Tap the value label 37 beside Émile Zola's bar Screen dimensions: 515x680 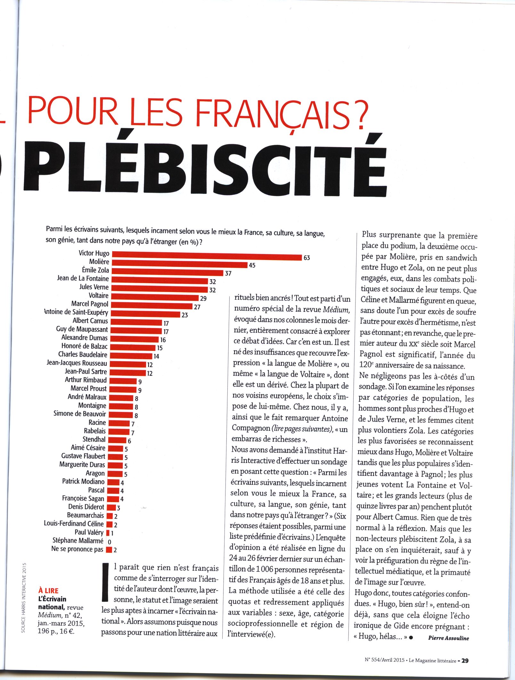point(228,274)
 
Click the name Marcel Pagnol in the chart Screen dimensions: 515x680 point(90,304)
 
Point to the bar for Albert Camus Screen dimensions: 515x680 point(136,322)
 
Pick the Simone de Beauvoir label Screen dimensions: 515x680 point(80,414)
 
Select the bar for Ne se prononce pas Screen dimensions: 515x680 point(109,550)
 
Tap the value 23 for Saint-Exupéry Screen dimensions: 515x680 point(184,315)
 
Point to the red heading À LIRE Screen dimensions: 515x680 point(48,591)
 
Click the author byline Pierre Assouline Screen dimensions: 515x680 point(448,638)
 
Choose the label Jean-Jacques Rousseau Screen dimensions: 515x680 point(77,363)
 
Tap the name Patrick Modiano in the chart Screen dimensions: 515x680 point(83,481)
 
